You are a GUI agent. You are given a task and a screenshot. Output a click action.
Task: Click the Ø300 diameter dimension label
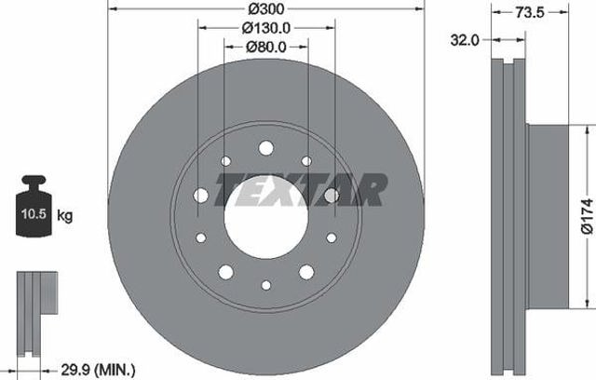(266, 9)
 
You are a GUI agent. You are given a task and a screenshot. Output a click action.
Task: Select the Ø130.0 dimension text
(266, 28)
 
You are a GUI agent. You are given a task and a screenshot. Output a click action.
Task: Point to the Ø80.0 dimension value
(266, 47)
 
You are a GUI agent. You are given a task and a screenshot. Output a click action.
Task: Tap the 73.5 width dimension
(530, 12)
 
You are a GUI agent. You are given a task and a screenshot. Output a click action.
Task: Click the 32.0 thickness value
(465, 40)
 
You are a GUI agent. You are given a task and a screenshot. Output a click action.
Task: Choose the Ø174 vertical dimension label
(588, 216)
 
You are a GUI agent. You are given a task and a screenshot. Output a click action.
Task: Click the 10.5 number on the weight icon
(34, 214)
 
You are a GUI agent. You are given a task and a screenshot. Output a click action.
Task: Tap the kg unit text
(64, 215)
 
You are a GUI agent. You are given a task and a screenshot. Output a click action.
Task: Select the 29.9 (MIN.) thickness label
(98, 370)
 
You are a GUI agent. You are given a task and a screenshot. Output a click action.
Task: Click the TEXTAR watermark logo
(301, 190)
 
